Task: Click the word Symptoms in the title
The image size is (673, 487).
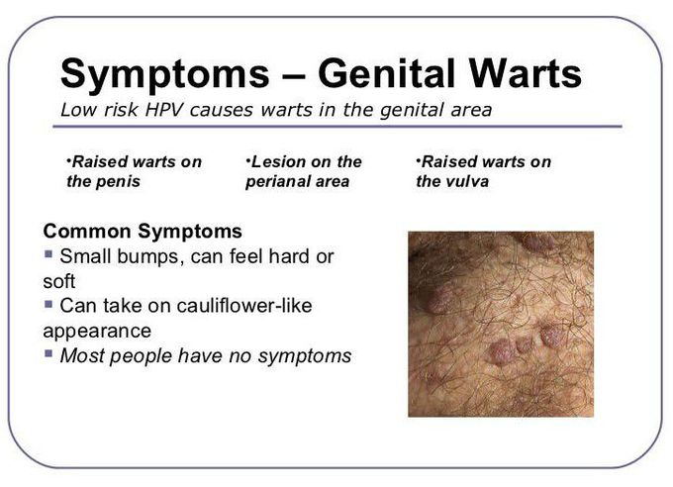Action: pos(165,74)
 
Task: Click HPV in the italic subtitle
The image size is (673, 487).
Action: pos(164,110)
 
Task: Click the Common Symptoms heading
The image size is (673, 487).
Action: pos(143,231)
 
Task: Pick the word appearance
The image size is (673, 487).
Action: pos(97,332)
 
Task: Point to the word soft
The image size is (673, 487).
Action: pos(59,281)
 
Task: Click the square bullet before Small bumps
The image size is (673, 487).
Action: pos(48,254)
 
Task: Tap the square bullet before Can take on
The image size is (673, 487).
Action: pos(48,304)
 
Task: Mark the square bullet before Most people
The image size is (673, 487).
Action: pos(48,354)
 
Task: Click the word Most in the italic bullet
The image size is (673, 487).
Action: pos(81,356)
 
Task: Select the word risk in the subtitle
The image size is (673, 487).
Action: pos(121,110)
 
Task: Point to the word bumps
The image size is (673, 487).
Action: pos(145,257)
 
